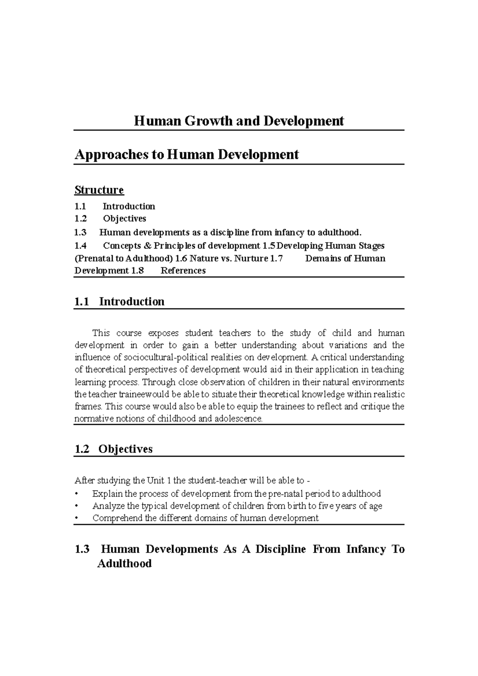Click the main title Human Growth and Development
click(x=239, y=121)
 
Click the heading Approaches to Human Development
click(x=186, y=154)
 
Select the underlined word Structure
click(x=99, y=190)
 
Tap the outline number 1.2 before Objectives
click(x=80, y=219)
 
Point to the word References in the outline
click(x=183, y=271)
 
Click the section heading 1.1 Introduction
click(x=119, y=301)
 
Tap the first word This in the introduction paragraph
click(x=100, y=333)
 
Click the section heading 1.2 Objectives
click(x=114, y=449)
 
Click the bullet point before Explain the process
click(x=76, y=494)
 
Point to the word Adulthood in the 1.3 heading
click(x=124, y=564)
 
